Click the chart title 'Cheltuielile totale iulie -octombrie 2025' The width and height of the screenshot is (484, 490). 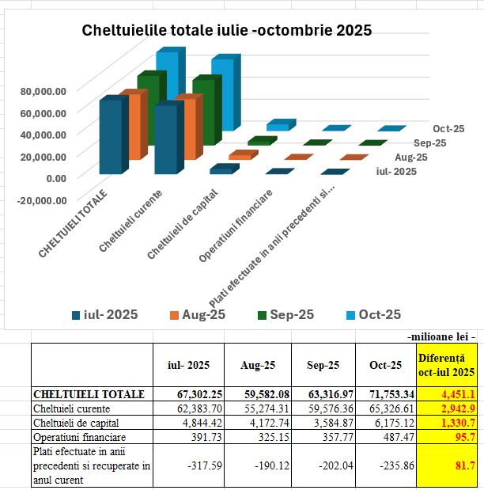pos(227,31)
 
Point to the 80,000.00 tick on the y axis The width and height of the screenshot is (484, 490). pos(43,91)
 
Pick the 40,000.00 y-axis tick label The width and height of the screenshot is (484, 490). pos(43,135)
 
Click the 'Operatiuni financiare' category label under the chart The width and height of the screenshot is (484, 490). pos(236,226)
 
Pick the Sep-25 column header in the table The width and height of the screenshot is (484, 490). pos(323,365)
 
